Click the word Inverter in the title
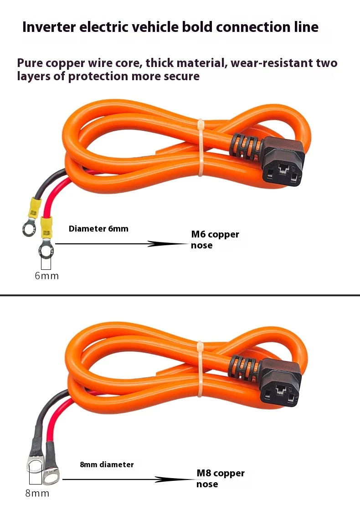[49, 27]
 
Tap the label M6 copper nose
[215, 240]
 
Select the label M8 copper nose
[220, 478]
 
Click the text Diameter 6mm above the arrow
[98, 229]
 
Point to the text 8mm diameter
[107, 464]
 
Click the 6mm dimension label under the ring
[46, 276]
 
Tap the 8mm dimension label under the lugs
[37, 493]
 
